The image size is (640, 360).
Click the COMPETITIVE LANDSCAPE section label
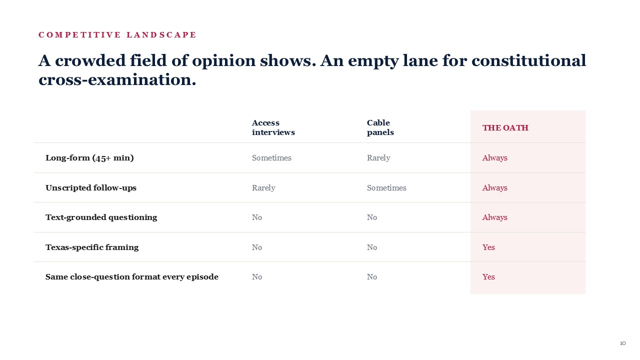(x=117, y=35)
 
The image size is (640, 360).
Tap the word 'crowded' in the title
(x=90, y=60)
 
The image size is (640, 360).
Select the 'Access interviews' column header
(x=273, y=127)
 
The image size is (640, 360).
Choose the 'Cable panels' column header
(x=380, y=127)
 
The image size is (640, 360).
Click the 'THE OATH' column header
(x=505, y=127)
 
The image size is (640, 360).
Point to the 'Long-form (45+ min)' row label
(x=89, y=158)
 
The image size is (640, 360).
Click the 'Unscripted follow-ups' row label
(x=91, y=187)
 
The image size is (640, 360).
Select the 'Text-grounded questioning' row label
(x=101, y=217)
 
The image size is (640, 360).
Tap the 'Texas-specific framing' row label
(x=92, y=247)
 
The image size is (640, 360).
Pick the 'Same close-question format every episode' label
(x=131, y=277)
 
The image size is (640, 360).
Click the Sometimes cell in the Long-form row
(x=271, y=158)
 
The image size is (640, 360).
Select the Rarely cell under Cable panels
(x=378, y=158)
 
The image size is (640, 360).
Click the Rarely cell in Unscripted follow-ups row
(x=263, y=187)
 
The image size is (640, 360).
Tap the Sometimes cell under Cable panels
(x=386, y=187)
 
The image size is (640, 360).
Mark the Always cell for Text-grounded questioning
(x=494, y=217)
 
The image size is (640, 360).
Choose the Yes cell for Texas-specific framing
(x=488, y=247)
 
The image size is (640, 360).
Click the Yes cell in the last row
(x=488, y=277)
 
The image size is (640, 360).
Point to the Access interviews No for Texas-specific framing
(x=256, y=247)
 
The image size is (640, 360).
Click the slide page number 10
(x=622, y=343)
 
